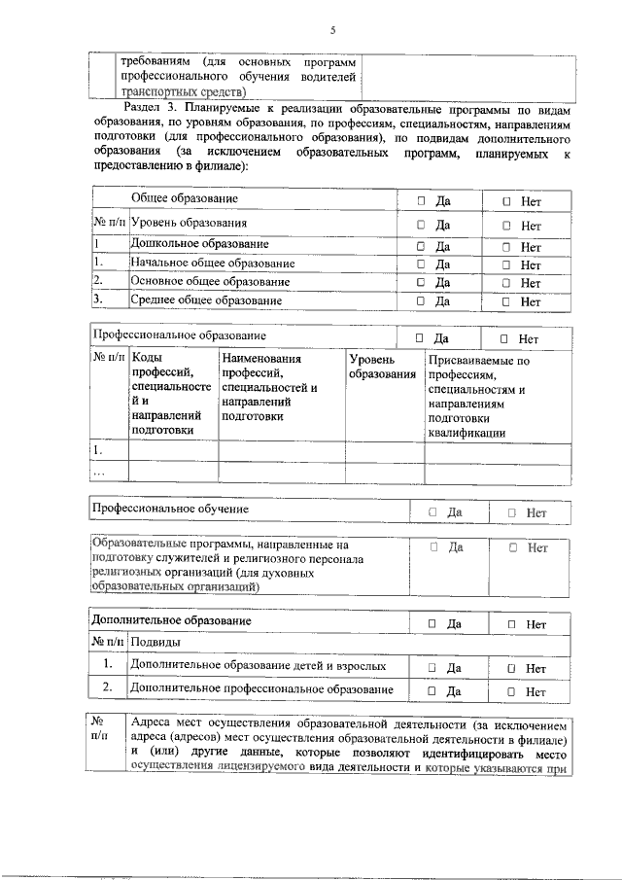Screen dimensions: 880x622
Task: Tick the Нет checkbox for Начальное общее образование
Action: tap(506, 264)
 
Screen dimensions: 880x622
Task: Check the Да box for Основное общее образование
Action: tap(422, 283)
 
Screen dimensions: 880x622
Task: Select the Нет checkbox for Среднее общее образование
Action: tap(506, 301)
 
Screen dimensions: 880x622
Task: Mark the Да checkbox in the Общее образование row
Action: tap(422, 201)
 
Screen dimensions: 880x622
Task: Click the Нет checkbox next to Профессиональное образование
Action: tap(503, 339)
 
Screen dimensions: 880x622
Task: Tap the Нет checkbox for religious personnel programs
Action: tap(512, 548)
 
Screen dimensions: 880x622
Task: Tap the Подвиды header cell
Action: tap(155, 643)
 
